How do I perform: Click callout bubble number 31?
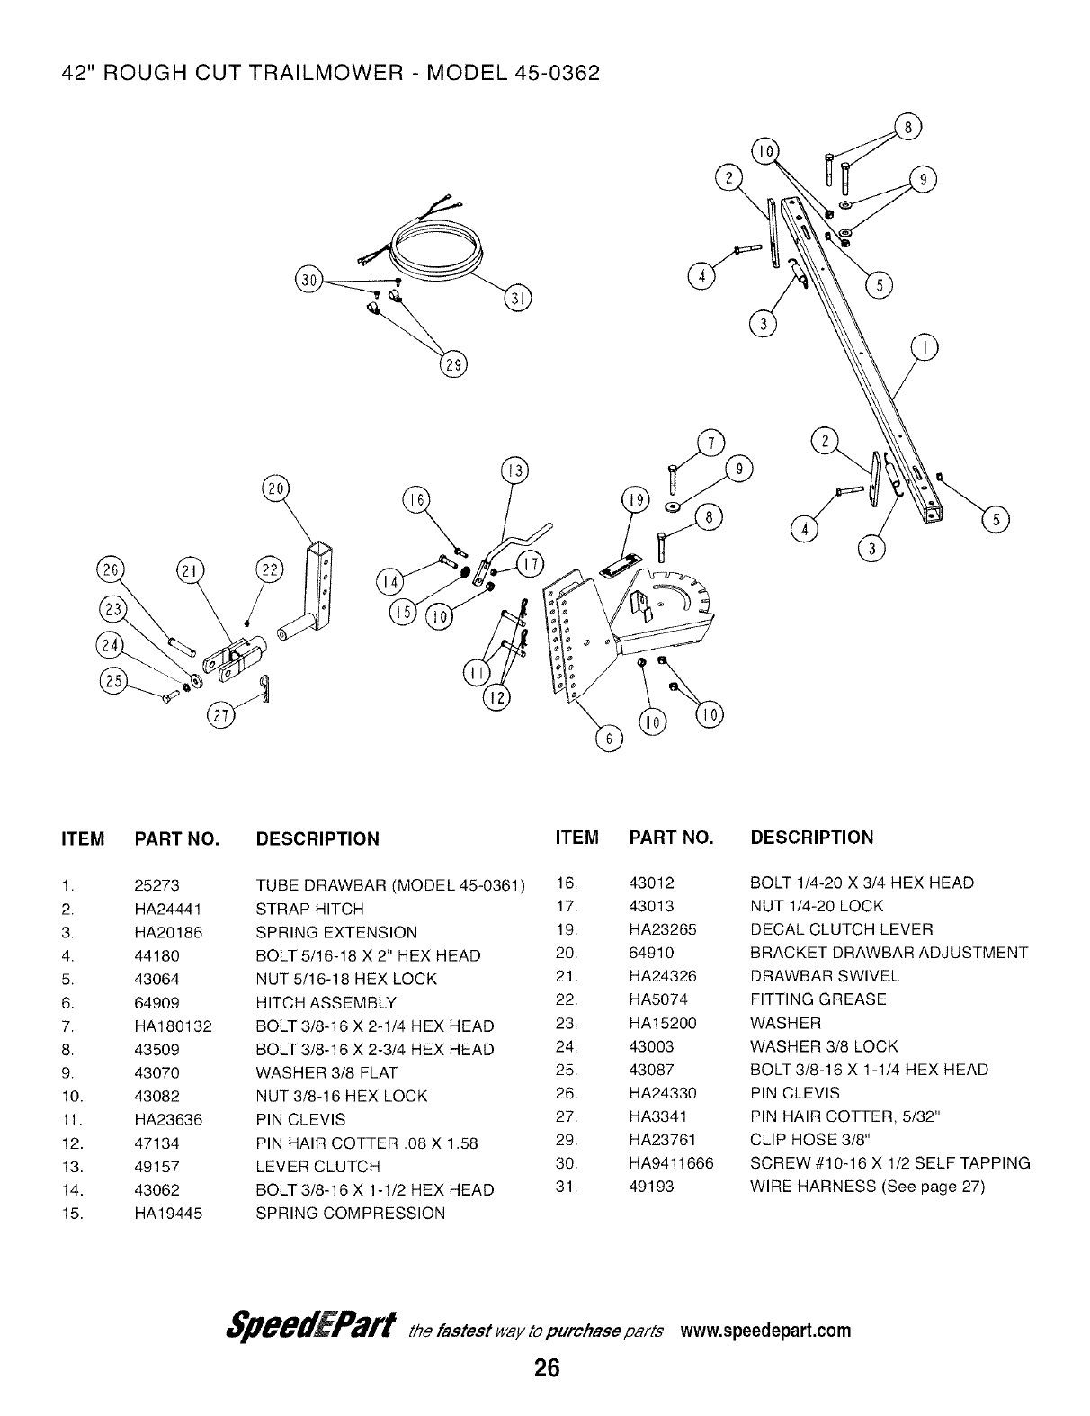pos(518,298)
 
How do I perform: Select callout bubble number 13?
pos(514,471)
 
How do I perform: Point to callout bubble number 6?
pos(610,739)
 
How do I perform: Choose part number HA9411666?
pos(671,1163)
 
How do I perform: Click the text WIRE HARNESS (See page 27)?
pos(867,1187)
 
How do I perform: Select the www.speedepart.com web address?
pos(765,1331)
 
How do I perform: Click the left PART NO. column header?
pos(176,839)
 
